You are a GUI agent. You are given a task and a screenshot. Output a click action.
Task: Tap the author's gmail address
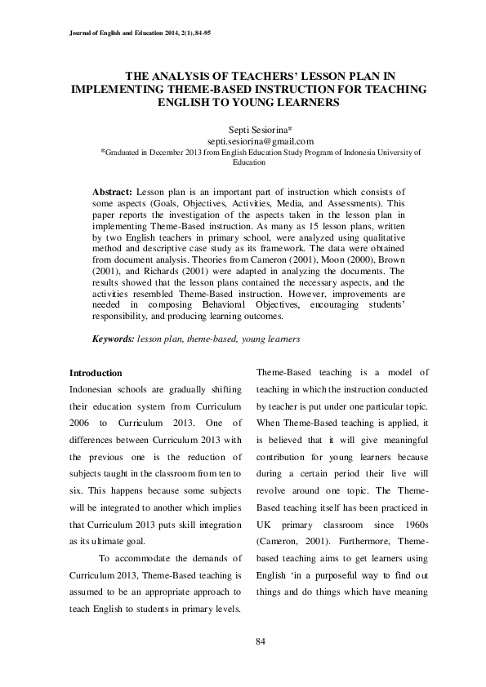click(x=243, y=140)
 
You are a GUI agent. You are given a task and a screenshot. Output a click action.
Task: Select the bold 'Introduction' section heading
click(x=96, y=373)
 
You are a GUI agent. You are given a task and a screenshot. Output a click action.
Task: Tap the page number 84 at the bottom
click(x=261, y=641)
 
